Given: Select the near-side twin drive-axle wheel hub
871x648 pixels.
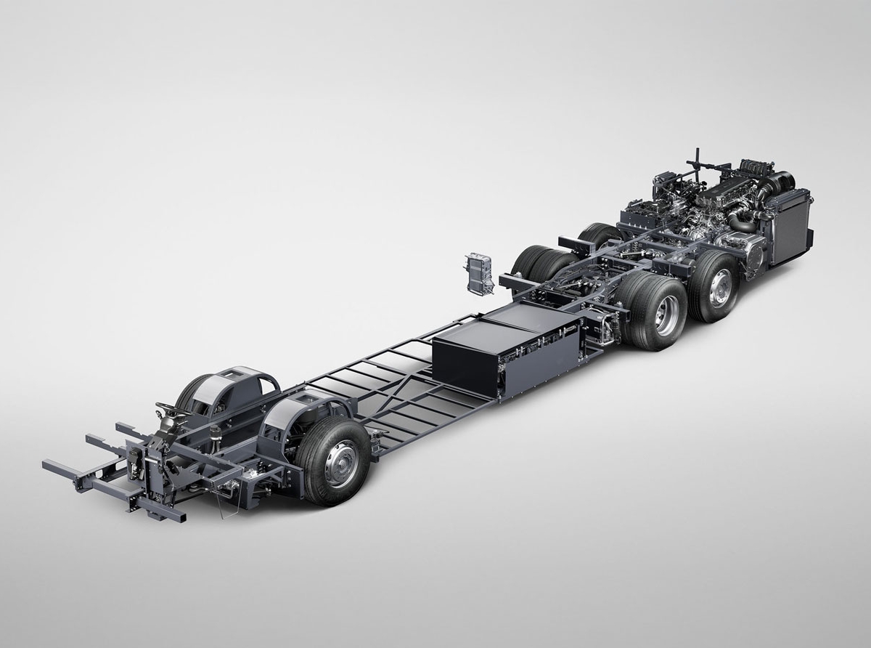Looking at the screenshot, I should pos(667,314).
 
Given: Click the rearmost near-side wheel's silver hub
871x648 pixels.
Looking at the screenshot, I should pos(720,288).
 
